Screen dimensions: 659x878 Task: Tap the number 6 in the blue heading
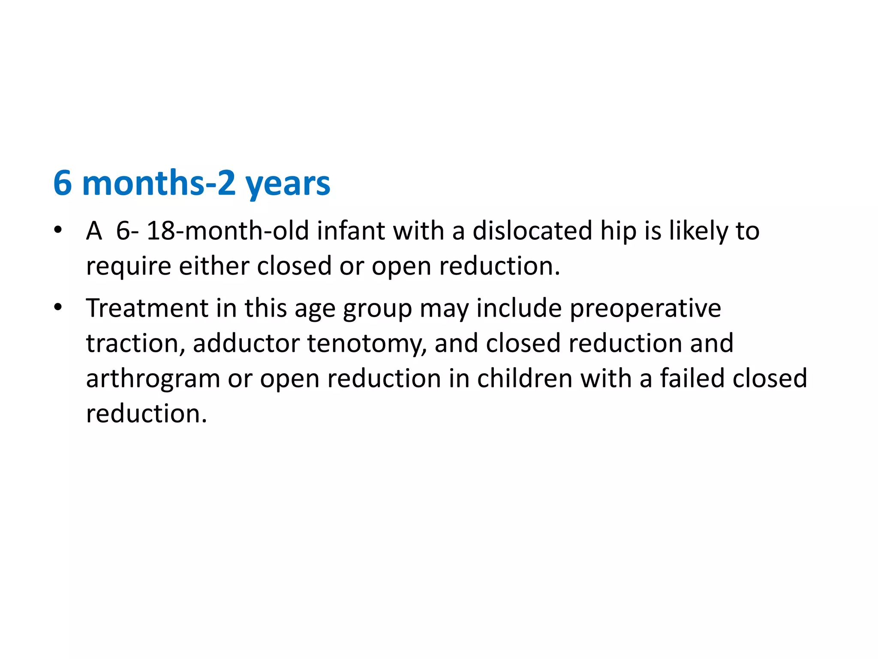tap(63, 183)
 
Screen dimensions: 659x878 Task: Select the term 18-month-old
tap(227, 231)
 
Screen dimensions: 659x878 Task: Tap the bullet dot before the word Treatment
tap(58, 307)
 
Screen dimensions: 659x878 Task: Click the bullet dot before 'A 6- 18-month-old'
tap(58, 230)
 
